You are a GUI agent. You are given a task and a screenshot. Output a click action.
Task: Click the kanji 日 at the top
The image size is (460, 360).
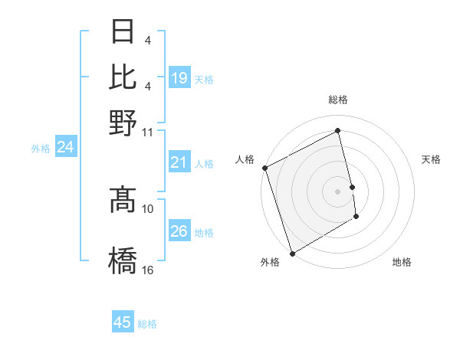coord(123,32)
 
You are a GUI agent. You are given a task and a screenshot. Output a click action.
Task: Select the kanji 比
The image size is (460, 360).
coord(123,77)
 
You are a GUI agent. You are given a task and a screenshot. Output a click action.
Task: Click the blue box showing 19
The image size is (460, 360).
coord(179,78)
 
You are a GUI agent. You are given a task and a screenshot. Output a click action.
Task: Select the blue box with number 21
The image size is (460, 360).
coord(179,162)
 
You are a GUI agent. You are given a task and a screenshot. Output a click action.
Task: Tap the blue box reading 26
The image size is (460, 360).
coord(179,231)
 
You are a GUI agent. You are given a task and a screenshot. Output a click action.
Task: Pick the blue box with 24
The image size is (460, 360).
coord(65,147)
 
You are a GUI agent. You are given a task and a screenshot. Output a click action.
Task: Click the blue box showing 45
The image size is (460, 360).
coord(123,322)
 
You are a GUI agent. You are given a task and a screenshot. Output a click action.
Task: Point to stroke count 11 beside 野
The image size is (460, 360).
coord(148,132)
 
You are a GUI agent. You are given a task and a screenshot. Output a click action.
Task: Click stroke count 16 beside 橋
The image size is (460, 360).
coord(148,270)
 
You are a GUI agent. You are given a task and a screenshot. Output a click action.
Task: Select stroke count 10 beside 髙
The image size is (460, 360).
coord(148,208)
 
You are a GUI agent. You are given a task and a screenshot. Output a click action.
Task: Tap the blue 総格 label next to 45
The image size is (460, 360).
coord(147,324)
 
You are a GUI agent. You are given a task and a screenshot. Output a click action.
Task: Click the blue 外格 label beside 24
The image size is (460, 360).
coord(41,149)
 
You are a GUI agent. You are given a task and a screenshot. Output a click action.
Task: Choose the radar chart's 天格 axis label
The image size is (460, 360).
coord(431,159)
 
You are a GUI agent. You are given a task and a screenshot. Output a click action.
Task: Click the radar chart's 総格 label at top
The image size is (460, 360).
coord(337,100)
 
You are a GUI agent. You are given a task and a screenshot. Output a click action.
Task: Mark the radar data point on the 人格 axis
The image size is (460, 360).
coord(264,168)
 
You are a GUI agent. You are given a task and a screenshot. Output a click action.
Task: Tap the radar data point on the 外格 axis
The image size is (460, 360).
coord(292,253)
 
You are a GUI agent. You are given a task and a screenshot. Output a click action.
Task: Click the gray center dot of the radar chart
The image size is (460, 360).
coord(337,191)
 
